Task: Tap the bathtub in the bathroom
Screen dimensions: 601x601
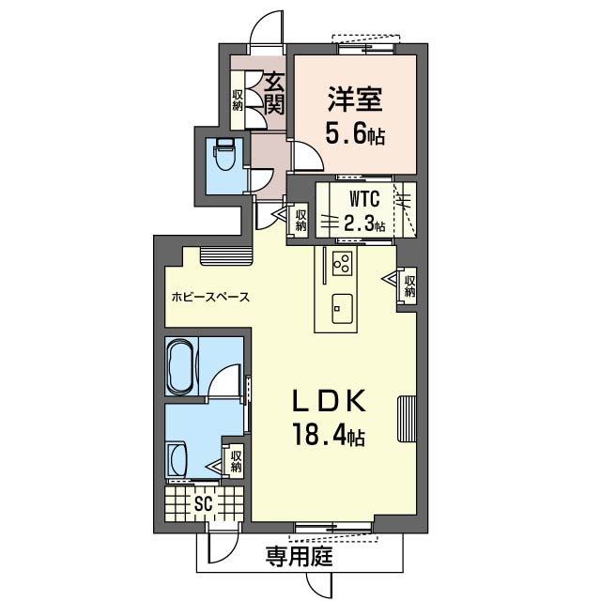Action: coord(181,366)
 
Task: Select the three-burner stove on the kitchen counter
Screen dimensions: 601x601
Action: coord(342,263)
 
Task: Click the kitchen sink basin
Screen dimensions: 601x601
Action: coord(343,309)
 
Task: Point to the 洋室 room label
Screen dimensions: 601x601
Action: coord(355,99)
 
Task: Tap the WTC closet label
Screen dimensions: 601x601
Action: coord(364,198)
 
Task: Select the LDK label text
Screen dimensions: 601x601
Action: coord(328,402)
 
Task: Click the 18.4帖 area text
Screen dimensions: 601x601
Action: coord(328,435)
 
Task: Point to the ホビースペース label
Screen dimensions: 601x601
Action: coord(210,297)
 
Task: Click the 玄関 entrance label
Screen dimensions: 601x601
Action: coord(275,93)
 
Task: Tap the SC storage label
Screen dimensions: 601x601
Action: coord(203,504)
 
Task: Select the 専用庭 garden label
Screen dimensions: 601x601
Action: coord(300,557)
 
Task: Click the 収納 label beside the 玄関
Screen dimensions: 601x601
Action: coord(238,100)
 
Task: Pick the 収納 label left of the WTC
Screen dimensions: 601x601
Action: coord(300,221)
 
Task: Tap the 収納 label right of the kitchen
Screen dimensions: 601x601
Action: coord(409,286)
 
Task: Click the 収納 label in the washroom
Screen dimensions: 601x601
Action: coord(236,461)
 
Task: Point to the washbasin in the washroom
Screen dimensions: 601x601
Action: coord(177,459)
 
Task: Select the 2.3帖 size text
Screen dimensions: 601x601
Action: coord(364,223)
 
